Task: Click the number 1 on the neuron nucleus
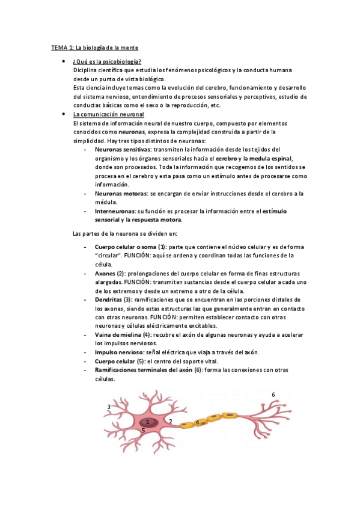click(147, 422)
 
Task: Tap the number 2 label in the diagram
click(171, 422)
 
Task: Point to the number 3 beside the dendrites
click(109, 407)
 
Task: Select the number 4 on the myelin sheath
click(197, 423)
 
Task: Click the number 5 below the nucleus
click(143, 431)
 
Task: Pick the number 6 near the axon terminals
click(273, 395)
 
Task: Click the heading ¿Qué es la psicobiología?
click(107, 62)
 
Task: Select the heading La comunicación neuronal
click(108, 114)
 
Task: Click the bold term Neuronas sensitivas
click(123, 149)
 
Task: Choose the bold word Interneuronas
click(115, 211)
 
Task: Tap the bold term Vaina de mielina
click(122, 334)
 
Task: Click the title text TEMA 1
click(62, 47)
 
